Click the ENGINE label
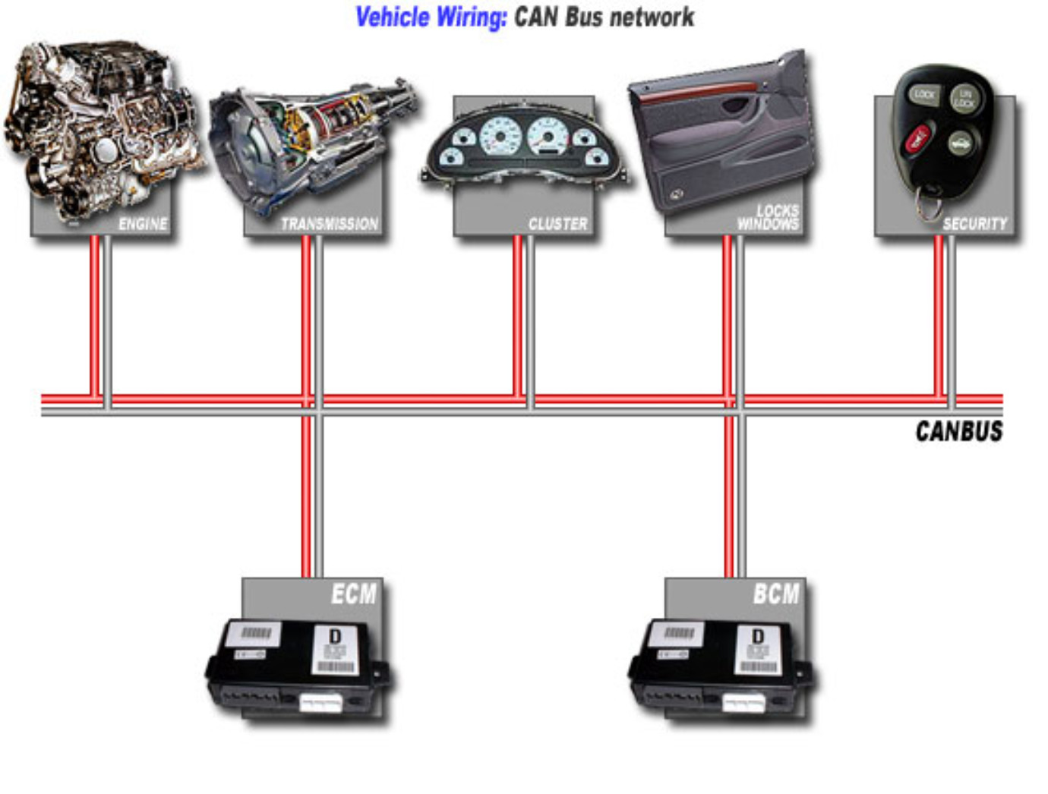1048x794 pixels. pyautogui.click(x=143, y=224)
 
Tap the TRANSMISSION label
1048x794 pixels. pyautogui.click(x=329, y=224)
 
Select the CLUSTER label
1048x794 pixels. pyautogui.click(x=558, y=224)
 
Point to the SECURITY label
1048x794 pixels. pyautogui.click(x=974, y=224)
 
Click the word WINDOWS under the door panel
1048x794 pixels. pyautogui.click(x=768, y=224)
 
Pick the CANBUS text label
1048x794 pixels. pyautogui.click(x=958, y=431)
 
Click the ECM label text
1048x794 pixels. pyautogui.click(x=353, y=594)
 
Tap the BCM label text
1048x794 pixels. pyautogui.click(x=775, y=594)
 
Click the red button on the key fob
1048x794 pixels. pyautogui.click(x=917, y=140)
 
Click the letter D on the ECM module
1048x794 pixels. pyautogui.click(x=335, y=636)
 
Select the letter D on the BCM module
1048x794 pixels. pyautogui.click(x=757, y=636)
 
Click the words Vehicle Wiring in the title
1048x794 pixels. pyautogui.click(x=431, y=17)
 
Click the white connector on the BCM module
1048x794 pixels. pyautogui.click(x=743, y=702)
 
